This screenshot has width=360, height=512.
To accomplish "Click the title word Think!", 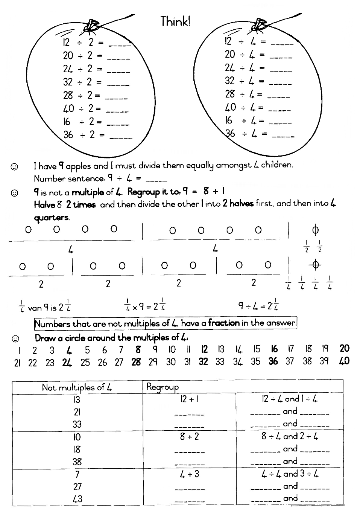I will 175,21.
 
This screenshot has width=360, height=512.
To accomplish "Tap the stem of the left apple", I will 91,25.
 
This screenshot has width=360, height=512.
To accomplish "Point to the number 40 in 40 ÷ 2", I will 68,109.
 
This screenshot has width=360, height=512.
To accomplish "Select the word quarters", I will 52,218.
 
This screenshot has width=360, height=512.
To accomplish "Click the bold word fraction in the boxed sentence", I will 224,323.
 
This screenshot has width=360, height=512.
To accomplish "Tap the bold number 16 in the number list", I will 274,349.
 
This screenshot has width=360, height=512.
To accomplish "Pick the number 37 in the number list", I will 289,361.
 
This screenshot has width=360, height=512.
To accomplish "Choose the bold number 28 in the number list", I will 136,362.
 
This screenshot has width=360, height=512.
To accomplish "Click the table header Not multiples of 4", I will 77,387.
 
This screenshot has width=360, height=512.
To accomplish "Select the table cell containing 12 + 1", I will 189,399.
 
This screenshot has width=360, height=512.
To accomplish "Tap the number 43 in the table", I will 77,499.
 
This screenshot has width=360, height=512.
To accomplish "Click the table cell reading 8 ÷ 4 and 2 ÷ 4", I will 290,436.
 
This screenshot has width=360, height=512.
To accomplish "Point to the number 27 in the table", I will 77,487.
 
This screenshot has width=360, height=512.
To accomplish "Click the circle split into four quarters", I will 315,265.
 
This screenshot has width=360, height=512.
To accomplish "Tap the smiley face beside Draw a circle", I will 15,338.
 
